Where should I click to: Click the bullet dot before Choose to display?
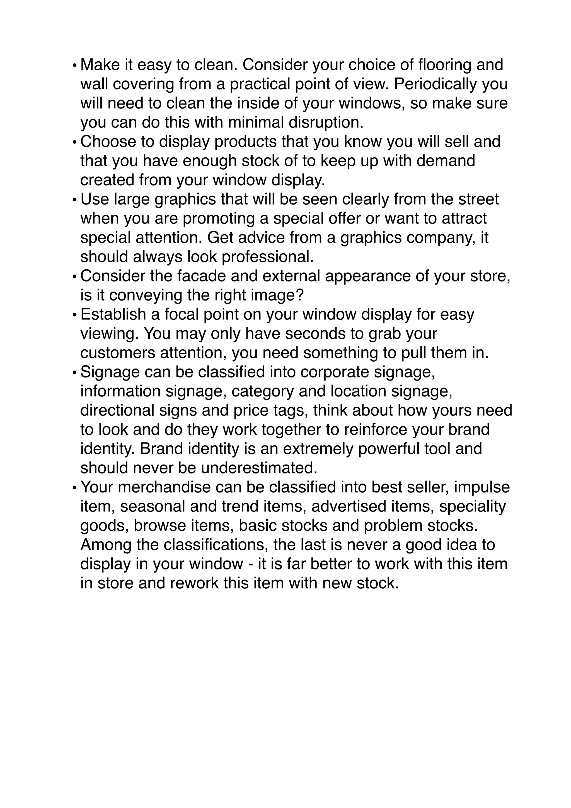[x=74, y=143]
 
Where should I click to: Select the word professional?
[x=267, y=257]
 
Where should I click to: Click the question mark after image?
[x=299, y=296]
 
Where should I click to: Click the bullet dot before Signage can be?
[x=74, y=373]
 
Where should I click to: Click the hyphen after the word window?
[x=250, y=564]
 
